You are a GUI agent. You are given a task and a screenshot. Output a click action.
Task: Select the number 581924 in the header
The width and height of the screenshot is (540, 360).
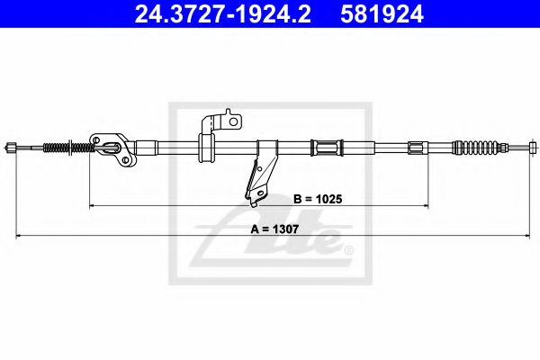(379, 15)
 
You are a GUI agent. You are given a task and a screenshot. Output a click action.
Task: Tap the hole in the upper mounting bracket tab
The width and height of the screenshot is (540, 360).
(231, 118)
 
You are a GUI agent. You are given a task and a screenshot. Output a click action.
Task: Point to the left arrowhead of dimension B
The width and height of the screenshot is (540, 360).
(92, 205)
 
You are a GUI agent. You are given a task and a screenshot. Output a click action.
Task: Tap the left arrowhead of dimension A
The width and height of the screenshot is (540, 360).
(17, 237)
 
